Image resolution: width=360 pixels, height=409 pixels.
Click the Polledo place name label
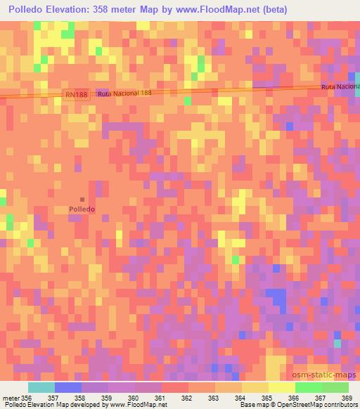click(82, 209)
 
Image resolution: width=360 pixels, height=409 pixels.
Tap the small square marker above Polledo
click(82, 200)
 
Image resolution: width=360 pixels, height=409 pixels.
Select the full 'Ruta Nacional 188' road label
click(124, 93)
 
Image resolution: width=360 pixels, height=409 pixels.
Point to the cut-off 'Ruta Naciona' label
click(340, 86)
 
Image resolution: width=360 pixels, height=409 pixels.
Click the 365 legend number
click(267, 398)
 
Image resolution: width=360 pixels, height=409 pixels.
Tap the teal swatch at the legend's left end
click(41, 387)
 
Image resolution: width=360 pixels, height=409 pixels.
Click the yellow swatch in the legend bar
click(281, 387)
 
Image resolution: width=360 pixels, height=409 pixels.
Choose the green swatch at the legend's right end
click(335, 387)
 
